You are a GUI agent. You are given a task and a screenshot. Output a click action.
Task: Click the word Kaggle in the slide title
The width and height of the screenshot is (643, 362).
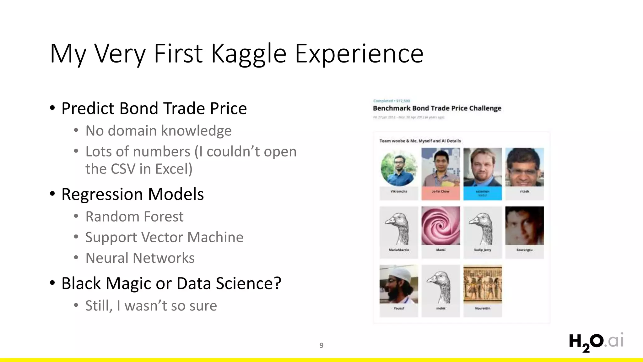pos(248,54)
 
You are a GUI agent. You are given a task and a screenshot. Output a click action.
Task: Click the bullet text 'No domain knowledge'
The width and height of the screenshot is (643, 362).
pos(158,131)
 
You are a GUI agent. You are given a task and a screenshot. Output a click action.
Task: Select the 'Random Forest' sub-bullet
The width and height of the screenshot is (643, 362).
pos(134,217)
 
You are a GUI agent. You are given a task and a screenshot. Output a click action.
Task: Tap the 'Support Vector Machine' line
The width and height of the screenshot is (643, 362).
pos(164,237)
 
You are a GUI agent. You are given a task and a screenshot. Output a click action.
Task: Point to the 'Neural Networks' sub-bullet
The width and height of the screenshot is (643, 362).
pos(140,258)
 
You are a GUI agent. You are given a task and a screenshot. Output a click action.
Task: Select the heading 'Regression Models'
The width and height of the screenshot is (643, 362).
pos(132,194)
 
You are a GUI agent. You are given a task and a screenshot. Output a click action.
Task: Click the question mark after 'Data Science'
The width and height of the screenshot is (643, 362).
pos(277,283)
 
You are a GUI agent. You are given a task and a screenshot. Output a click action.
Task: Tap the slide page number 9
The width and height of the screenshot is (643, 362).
pos(321,345)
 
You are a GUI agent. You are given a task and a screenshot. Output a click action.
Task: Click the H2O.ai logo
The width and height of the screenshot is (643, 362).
pos(596,342)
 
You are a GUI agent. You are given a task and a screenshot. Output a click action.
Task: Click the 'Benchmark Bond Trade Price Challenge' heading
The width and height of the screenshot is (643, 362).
pos(437,108)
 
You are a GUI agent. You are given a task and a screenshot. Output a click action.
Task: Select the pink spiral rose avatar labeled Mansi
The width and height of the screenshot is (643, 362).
pos(440,226)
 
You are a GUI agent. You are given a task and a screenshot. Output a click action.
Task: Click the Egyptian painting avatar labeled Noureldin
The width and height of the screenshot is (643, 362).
pos(483,284)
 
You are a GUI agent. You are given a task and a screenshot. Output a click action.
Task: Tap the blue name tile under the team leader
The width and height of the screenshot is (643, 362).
pos(483,193)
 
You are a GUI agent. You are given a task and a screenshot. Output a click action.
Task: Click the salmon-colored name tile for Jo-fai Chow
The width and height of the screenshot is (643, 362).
pos(440,193)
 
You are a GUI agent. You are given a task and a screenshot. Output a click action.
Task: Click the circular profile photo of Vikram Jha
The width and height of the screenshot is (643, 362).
pos(399,167)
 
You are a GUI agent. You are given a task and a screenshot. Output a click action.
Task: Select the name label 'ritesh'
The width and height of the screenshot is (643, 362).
pos(524,191)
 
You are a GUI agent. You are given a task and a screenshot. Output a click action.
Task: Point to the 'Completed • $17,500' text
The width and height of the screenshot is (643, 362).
pos(391,101)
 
